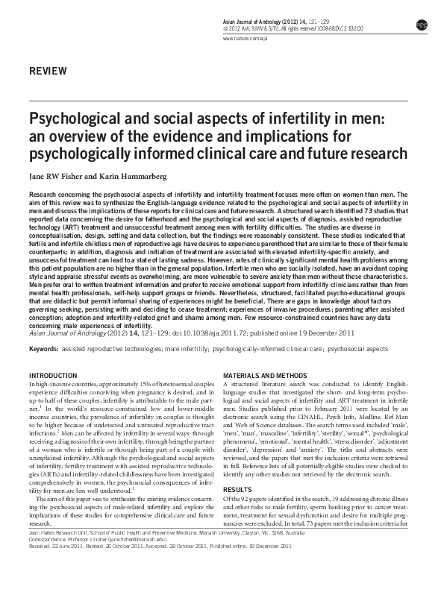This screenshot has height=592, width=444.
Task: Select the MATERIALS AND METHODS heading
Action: point(266,374)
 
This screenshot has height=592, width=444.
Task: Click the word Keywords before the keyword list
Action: point(43,347)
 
